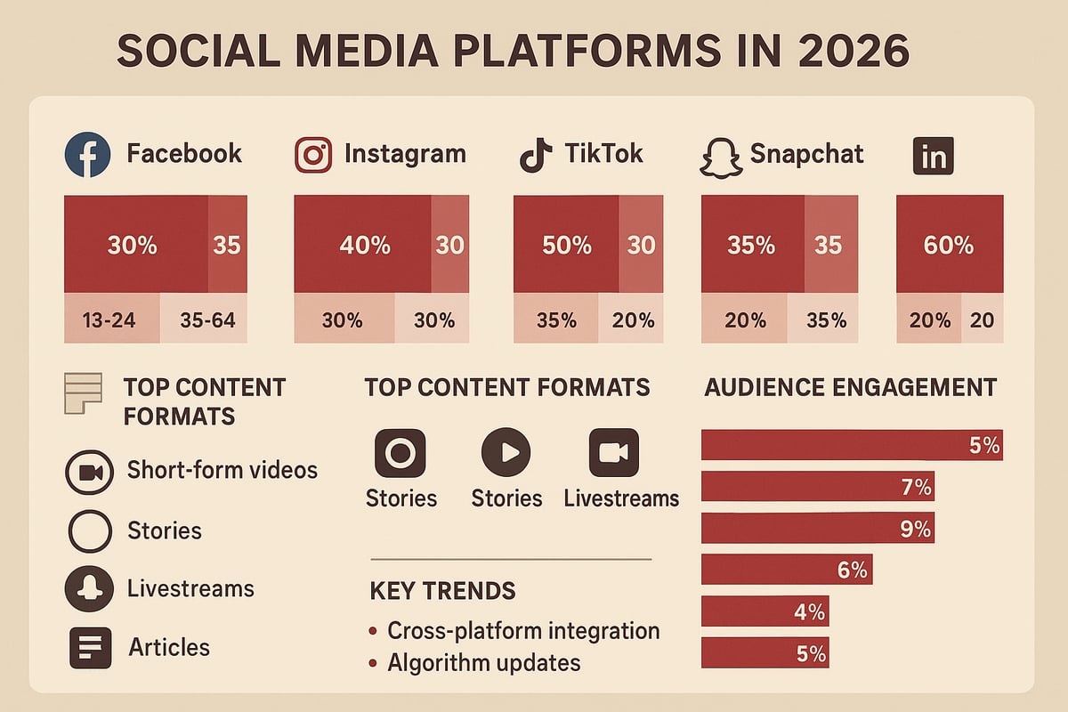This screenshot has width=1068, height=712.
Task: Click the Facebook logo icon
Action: coord(87,154)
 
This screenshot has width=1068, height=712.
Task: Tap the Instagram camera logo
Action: coord(312,154)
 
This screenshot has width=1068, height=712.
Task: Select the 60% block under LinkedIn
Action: coord(949,245)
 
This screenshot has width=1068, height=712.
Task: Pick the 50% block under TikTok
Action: coord(566,245)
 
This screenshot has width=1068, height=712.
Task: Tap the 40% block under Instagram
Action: coord(363,245)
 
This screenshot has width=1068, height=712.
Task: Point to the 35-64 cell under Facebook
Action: coord(205,320)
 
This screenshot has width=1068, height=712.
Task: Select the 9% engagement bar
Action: coord(817,529)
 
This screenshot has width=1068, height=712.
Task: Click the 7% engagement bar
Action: coord(817,487)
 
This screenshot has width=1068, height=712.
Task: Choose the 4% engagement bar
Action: coord(765,612)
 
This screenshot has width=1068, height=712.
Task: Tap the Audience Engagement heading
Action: coord(850,387)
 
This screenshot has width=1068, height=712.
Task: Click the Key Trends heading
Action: coord(442,591)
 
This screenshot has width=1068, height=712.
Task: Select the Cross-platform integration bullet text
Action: coord(523,631)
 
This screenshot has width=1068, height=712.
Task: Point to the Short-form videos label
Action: coord(222,470)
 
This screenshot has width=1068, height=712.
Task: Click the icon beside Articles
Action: coord(90,647)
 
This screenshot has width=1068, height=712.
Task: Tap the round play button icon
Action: coord(506,452)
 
